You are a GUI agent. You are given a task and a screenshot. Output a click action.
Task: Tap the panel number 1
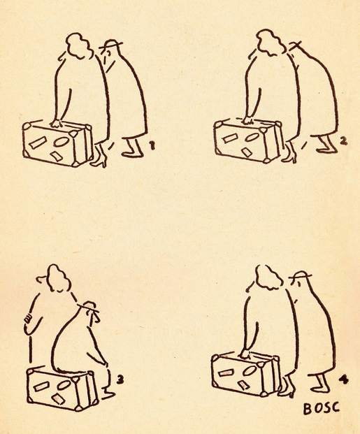(152, 146)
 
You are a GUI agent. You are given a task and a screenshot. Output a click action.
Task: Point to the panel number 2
(343, 141)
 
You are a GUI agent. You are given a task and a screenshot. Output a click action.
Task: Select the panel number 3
(120, 379)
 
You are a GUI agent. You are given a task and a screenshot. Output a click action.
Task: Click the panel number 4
(344, 380)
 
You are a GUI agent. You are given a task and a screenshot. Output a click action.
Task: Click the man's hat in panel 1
(110, 44)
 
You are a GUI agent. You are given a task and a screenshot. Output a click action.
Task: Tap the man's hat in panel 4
(300, 275)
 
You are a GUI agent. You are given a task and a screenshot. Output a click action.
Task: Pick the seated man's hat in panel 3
(89, 307)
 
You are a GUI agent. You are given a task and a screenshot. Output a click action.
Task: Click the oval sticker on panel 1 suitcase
(60, 141)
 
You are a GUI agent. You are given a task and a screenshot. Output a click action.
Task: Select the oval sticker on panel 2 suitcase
(252, 137)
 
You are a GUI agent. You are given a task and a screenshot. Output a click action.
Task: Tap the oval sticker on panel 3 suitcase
(64, 385)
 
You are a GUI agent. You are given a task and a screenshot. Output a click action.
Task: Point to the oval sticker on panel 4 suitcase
(250, 370)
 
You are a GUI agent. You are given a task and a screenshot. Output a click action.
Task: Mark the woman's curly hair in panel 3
(58, 278)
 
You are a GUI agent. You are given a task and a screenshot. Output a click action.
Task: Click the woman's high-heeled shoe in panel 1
(100, 158)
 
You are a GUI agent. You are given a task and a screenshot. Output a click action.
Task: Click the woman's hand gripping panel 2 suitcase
(248, 121)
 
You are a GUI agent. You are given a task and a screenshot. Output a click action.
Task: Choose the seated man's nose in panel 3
(96, 318)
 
